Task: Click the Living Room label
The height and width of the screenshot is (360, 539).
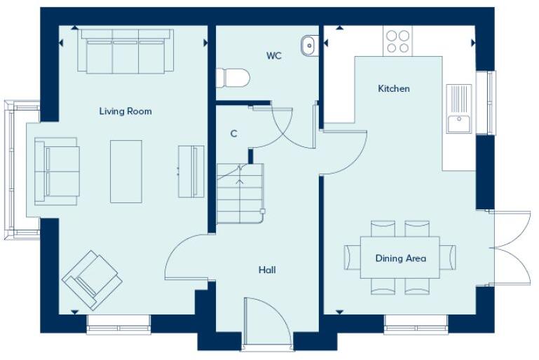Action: pyautogui.click(x=125, y=111)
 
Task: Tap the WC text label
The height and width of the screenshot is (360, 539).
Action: pyautogui.click(x=273, y=56)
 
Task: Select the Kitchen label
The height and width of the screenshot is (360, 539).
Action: pyautogui.click(x=393, y=89)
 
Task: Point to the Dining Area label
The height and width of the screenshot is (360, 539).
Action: pyautogui.click(x=400, y=258)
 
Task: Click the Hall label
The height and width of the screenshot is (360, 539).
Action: pyautogui.click(x=266, y=270)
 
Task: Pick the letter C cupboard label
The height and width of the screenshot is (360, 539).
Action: pyautogui.click(x=233, y=133)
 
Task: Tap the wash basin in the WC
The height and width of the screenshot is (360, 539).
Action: pyautogui.click(x=309, y=46)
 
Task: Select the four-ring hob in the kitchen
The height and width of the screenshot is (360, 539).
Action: pyautogui.click(x=397, y=41)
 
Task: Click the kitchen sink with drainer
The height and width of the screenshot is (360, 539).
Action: pyautogui.click(x=459, y=109)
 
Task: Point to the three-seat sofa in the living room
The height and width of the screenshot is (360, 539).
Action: pyautogui.click(x=125, y=52)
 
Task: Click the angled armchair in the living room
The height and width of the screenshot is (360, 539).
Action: pyautogui.click(x=92, y=279)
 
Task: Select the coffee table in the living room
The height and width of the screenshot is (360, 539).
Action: pyautogui.click(x=126, y=172)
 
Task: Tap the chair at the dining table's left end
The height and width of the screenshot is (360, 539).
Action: pyautogui.click(x=351, y=258)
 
